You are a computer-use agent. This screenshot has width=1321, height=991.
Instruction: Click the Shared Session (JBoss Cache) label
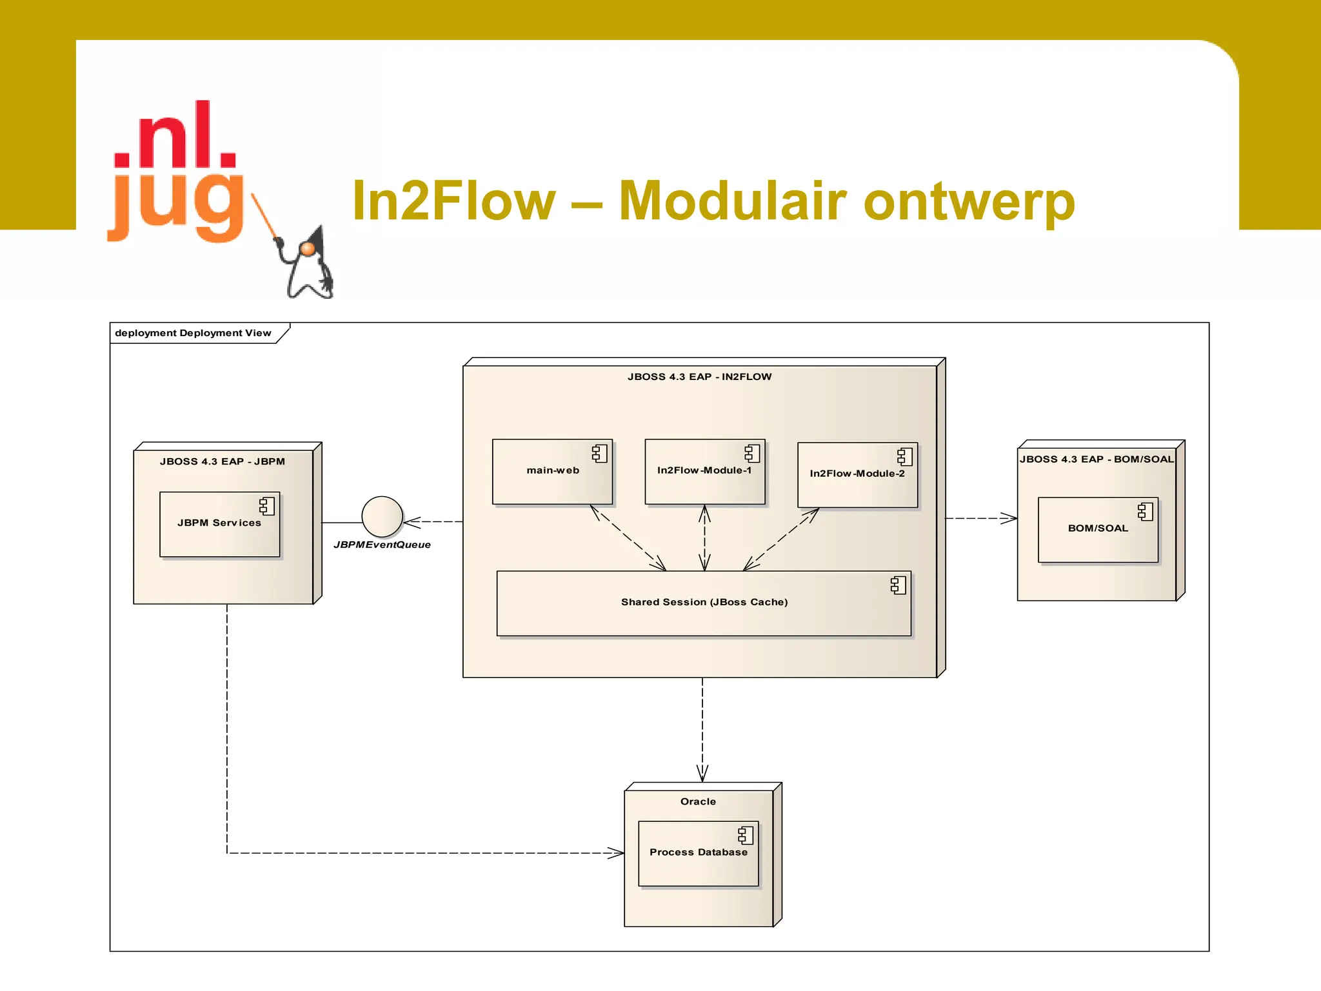point(704,602)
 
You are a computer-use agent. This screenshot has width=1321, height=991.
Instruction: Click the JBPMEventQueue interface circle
point(382,517)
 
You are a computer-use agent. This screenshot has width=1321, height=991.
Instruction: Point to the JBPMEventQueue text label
point(382,545)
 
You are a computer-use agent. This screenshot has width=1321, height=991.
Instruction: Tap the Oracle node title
point(698,801)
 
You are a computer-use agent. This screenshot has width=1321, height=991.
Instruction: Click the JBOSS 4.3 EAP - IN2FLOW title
point(699,377)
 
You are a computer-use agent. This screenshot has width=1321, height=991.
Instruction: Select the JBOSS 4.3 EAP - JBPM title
point(223,461)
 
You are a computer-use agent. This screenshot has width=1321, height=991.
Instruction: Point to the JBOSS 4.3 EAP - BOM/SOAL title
point(1097,459)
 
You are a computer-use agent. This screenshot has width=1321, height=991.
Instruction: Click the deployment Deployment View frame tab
point(194,333)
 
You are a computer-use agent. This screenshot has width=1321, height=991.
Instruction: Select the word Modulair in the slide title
point(732,201)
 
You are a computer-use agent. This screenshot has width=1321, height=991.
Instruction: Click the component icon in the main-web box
point(600,454)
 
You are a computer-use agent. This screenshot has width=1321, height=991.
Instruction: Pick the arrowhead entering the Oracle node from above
point(702,774)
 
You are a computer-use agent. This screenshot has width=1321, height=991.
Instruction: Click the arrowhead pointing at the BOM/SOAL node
point(1010,518)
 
